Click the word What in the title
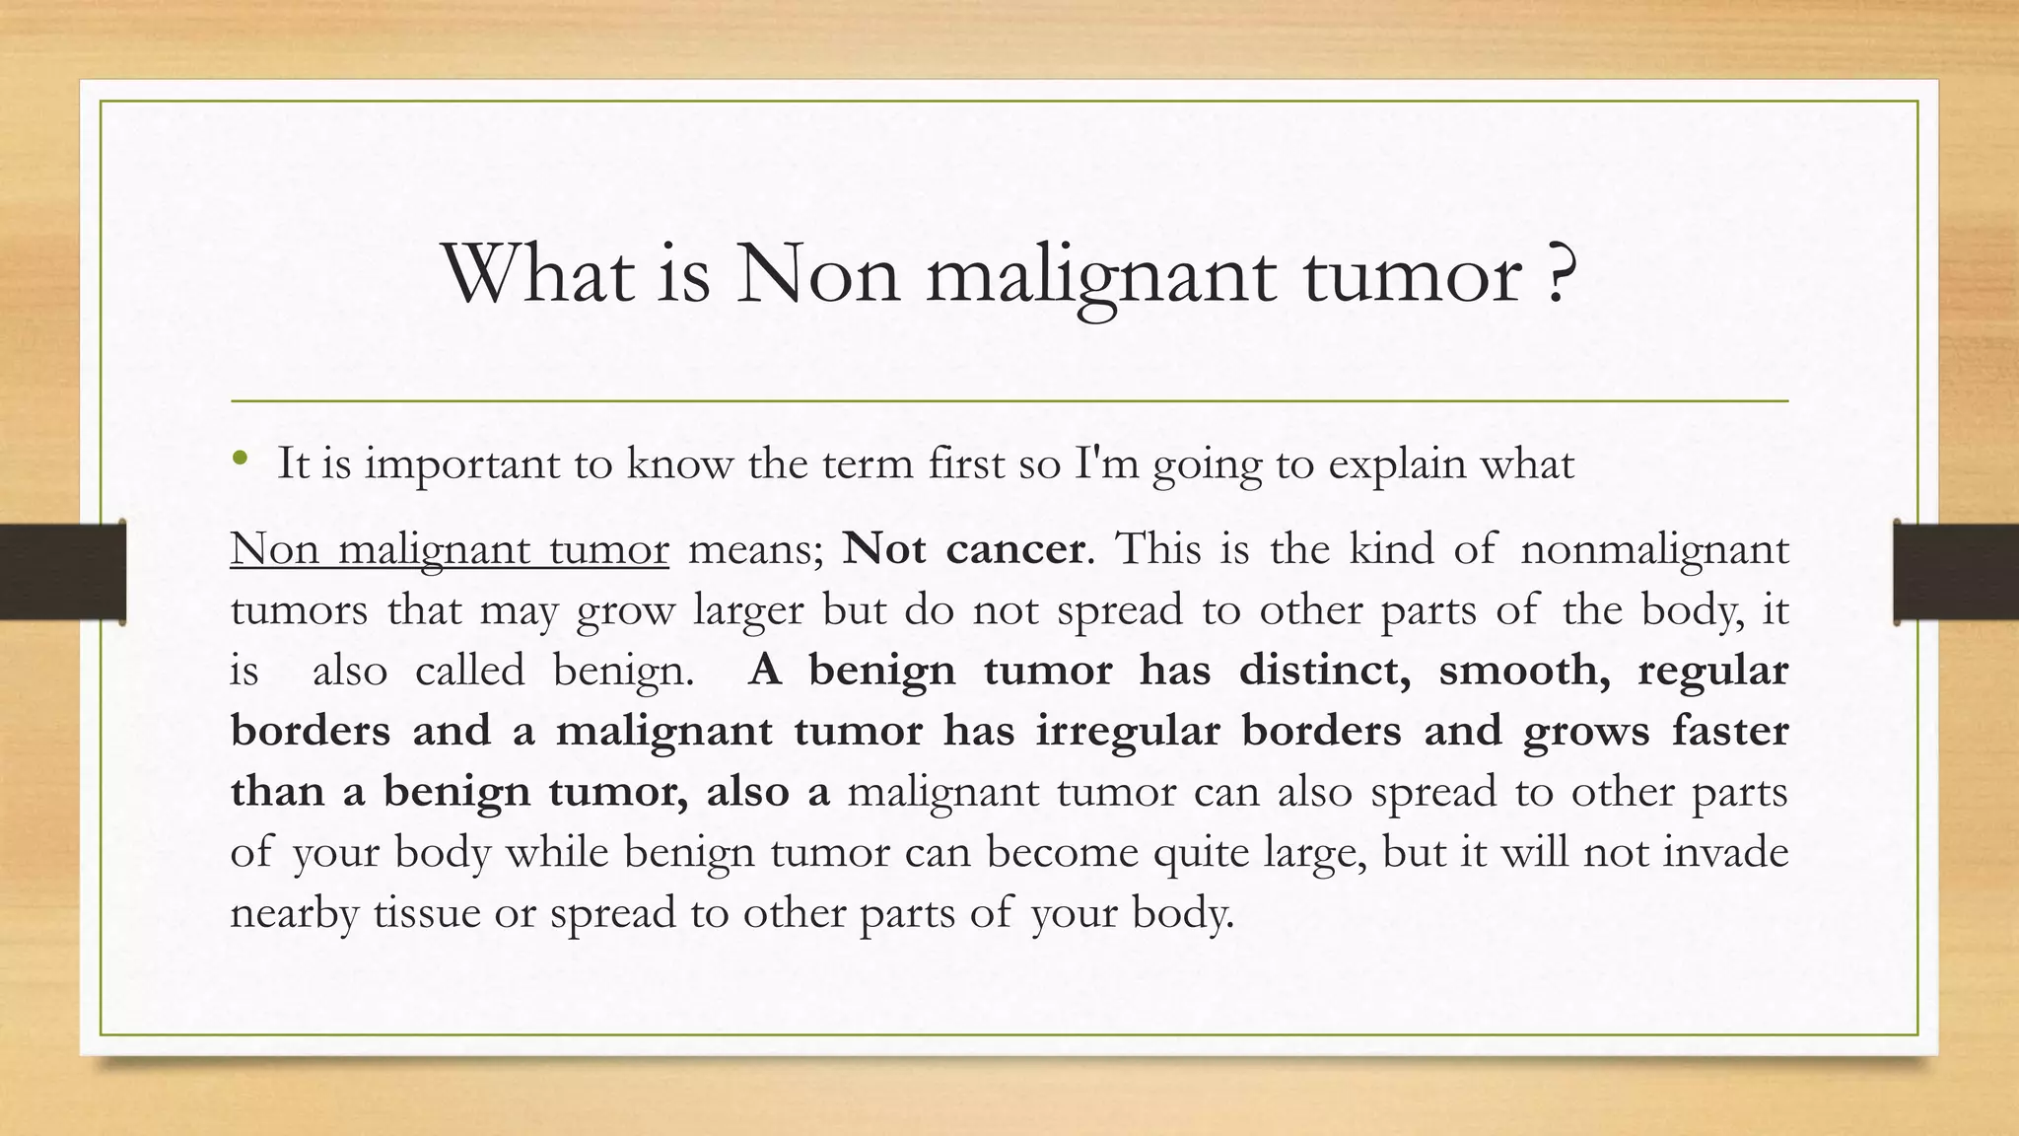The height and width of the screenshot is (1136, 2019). click(538, 273)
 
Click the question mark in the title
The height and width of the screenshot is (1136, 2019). click(1558, 273)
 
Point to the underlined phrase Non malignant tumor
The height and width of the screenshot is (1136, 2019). click(450, 549)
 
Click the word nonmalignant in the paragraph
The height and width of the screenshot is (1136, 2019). click(1653, 549)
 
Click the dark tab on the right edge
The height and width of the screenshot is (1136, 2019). click(1956, 572)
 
